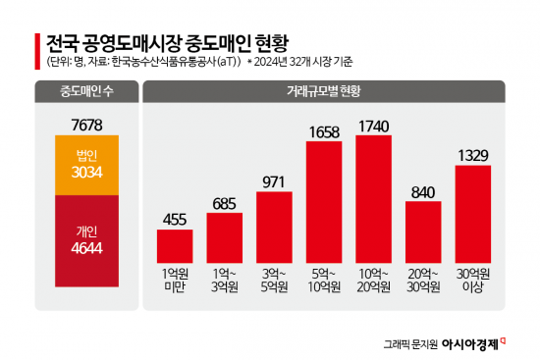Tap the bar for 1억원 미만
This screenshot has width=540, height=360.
tap(175, 245)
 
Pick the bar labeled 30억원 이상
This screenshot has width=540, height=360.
tap(473, 213)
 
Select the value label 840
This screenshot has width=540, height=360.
tap(423, 190)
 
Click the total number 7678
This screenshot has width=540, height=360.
tap(86, 124)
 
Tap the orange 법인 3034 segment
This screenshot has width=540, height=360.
tap(86, 166)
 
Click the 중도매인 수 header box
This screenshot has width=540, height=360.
tap(86, 93)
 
